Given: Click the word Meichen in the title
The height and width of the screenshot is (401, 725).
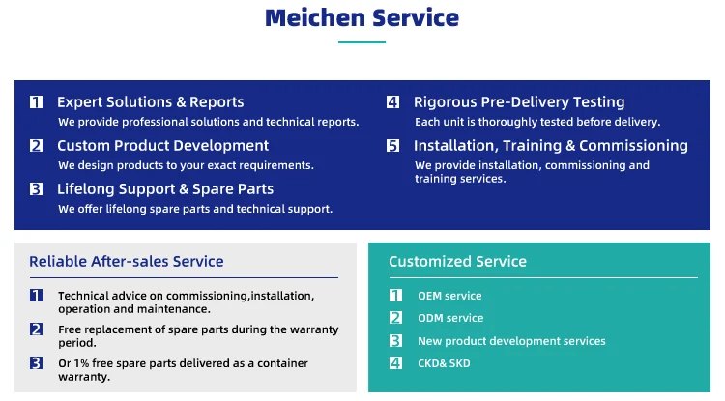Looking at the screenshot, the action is click(x=315, y=18).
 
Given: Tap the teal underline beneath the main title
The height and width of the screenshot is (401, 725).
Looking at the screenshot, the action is click(x=362, y=43).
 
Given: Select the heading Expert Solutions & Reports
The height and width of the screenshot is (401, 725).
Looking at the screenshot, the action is click(x=150, y=102).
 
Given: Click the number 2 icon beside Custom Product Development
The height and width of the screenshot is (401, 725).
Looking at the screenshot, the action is click(x=36, y=146).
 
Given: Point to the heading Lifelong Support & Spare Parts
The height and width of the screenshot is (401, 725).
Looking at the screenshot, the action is click(x=165, y=189).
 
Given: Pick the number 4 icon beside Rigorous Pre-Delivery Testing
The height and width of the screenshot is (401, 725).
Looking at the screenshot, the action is click(x=393, y=102).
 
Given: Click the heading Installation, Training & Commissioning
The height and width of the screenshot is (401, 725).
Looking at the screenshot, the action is click(x=551, y=146).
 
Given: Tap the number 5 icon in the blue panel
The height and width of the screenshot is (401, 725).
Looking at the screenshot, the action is click(x=393, y=146).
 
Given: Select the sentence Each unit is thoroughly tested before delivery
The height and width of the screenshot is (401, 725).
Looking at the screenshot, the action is click(x=537, y=122).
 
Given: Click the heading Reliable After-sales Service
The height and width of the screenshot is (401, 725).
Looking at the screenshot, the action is click(x=127, y=262).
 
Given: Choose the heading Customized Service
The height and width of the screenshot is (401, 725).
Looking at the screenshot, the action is click(x=458, y=262).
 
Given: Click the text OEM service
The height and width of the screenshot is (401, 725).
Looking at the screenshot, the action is click(x=449, y=296).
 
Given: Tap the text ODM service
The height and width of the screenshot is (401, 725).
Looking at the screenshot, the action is click(x=450, y=318).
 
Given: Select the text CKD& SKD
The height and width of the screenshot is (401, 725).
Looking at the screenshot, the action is click(x=444, y=363).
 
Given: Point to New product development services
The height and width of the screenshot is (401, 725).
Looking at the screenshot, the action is click(x=511, y=341).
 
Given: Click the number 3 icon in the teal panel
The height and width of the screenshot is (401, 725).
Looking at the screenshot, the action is click(x=395, y=340).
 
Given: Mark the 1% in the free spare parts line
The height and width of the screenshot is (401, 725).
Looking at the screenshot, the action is click(x=81, y=363).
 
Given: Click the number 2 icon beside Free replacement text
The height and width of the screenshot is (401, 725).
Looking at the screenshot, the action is click(x=36, y=329).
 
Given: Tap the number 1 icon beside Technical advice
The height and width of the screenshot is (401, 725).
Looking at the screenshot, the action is click(x=36, y=296).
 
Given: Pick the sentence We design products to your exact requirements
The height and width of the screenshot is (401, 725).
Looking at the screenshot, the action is click(x=186, y=165).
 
